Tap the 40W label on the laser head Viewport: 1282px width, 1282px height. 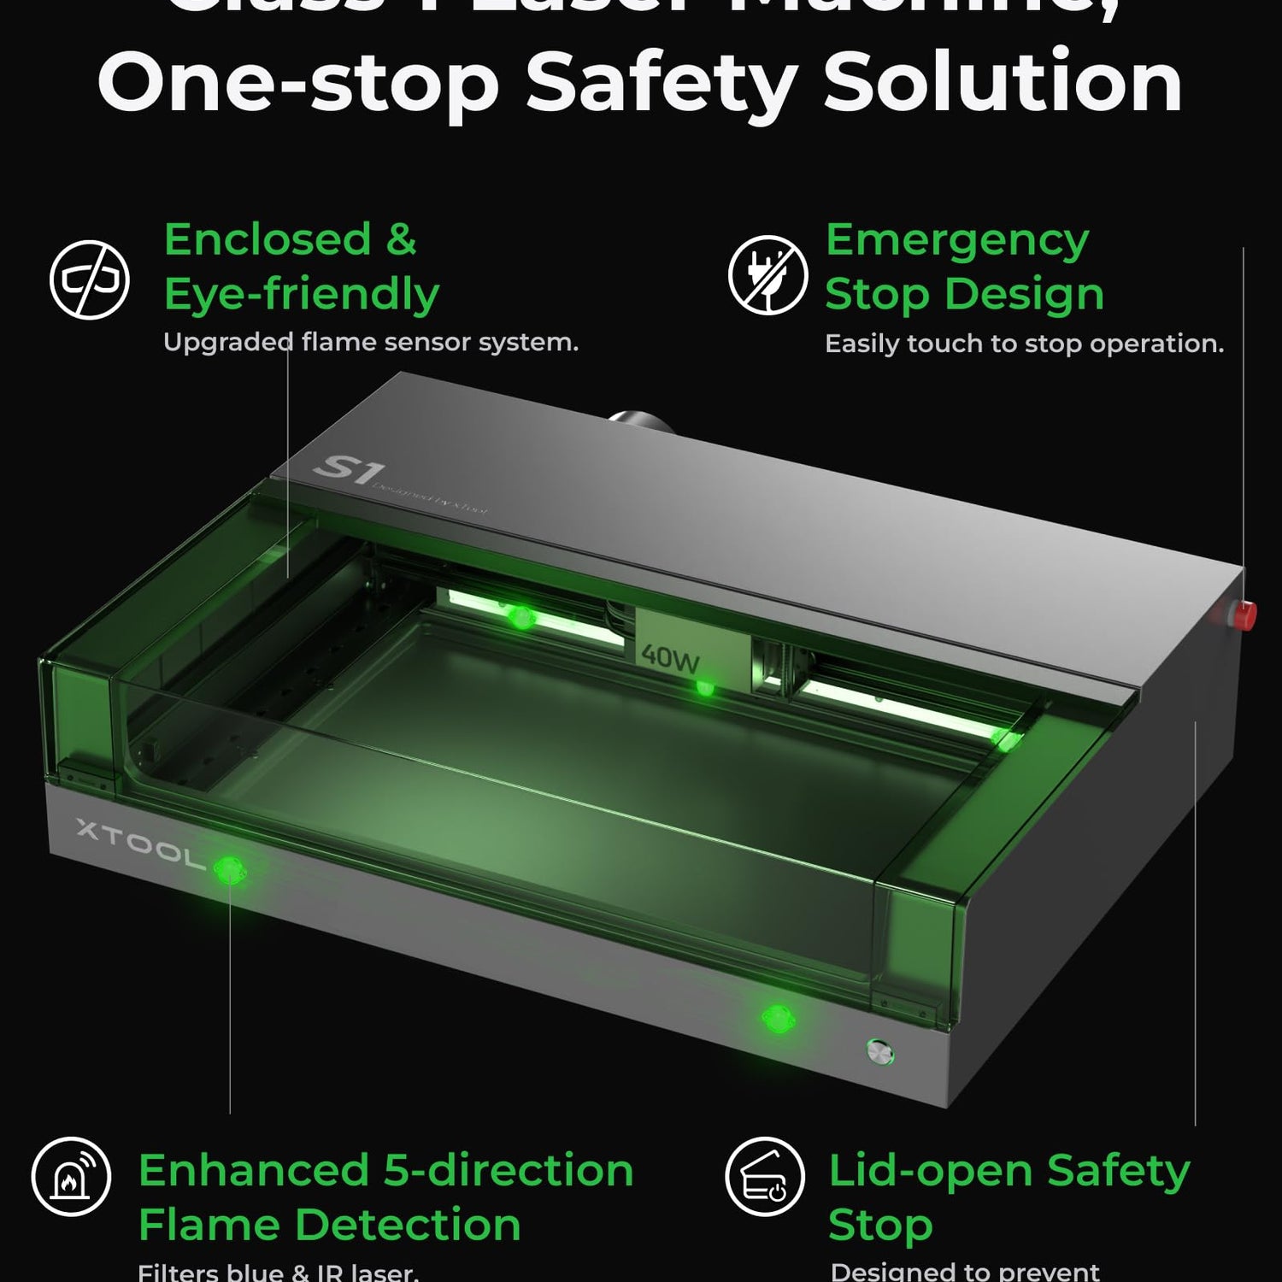pyautogui.click(x=671, y=657)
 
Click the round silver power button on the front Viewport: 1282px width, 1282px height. pyautogui.click(x=879, y=1051)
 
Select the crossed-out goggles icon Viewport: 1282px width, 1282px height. pyautogui.click(x=90, y=279)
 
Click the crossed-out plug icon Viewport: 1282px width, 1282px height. pyautogui.click(x=767, y=275)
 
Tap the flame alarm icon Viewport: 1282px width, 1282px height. pyautogui.click(x=71, y=1176)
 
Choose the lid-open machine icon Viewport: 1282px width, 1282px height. pyautogui.click(x=765, y=1176)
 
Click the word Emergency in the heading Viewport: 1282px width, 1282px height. pyautogui.click(x=957, y=240)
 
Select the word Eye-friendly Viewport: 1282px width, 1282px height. pyautogui.click(x=301, y=295)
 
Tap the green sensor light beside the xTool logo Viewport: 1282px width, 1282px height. pyautogui.click(x=228, y=871)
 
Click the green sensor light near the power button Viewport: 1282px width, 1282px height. pyautogui.click(x=778, y=1019)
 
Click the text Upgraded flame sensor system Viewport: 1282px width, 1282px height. pyautogui.click(x=371, y=343)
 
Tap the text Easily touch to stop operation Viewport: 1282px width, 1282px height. pyautogui.click(x=1024, y=344)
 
